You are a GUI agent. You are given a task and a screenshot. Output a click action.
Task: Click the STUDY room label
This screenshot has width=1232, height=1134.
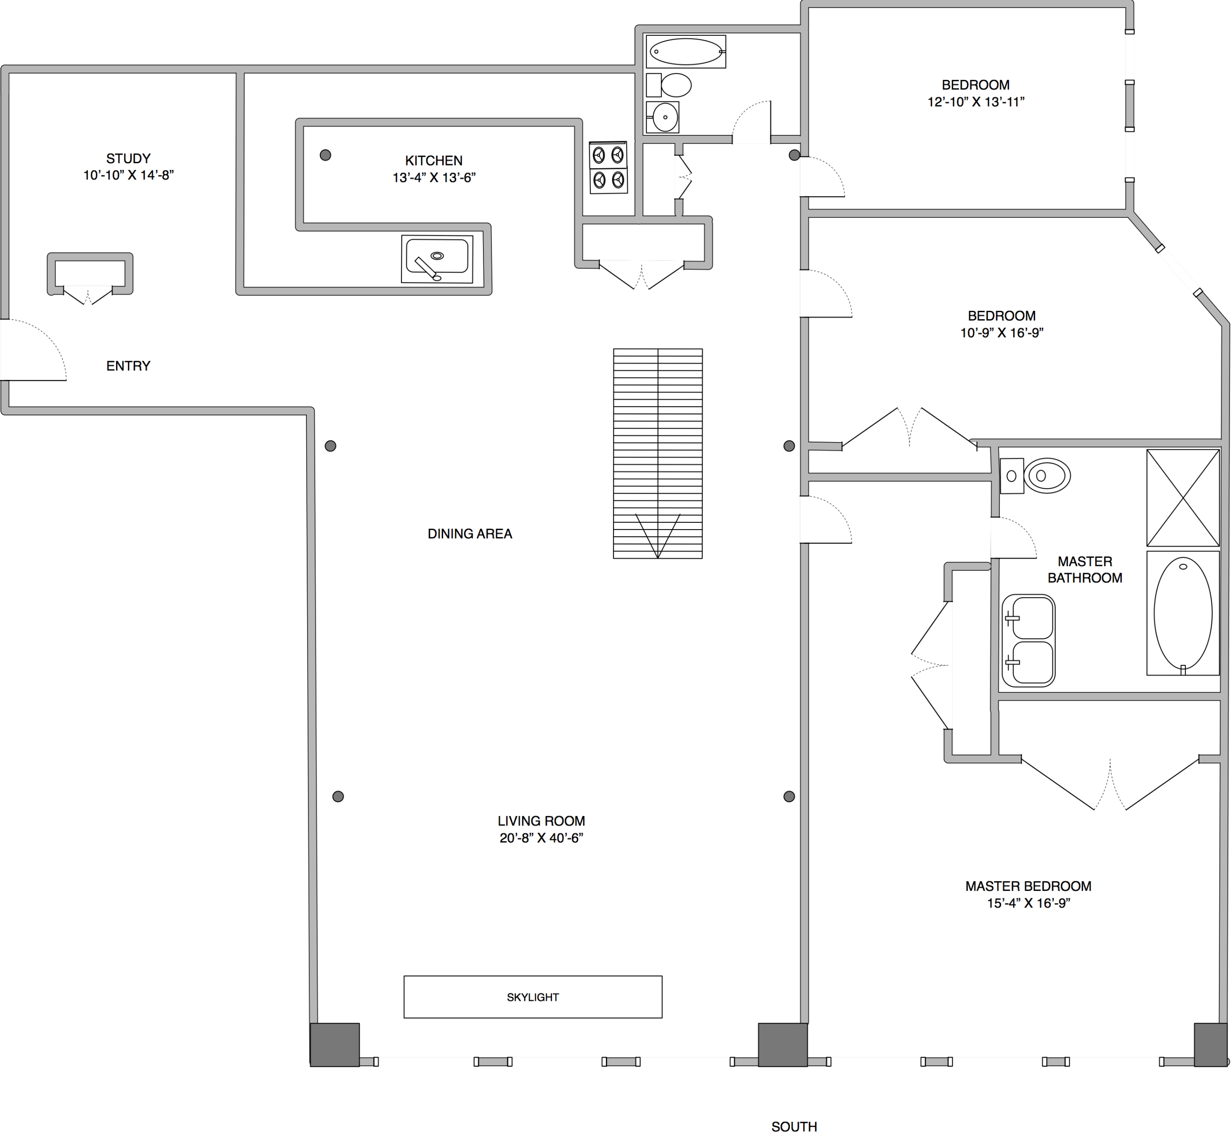point(128,158)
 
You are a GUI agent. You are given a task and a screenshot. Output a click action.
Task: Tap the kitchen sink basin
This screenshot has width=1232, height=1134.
point(437,256)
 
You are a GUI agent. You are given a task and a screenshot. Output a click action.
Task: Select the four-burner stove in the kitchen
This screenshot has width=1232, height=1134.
point(608,168)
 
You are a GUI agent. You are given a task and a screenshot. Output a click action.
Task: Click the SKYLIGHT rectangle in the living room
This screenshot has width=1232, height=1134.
point(532,996)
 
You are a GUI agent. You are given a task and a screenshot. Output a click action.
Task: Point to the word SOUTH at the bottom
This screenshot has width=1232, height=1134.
point(794,1126)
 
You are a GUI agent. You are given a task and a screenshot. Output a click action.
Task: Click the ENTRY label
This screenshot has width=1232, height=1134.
point(128,366)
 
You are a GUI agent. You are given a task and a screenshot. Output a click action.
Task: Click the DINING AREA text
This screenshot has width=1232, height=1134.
point(470,534)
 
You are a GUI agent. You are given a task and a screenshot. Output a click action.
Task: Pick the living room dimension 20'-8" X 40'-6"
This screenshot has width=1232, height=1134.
point(541,838)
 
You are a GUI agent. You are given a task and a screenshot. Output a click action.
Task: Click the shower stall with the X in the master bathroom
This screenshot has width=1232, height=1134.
point(1182,498)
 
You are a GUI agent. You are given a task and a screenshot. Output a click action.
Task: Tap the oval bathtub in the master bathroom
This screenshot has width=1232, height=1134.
point(1182,613)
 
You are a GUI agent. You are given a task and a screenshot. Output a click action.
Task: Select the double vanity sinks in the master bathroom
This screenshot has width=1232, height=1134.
point(1028,640)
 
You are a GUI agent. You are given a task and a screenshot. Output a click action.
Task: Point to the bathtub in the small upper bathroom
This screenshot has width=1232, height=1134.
point(686,52)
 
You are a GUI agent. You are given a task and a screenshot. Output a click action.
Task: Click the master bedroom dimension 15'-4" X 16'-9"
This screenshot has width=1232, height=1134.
point(1028,903)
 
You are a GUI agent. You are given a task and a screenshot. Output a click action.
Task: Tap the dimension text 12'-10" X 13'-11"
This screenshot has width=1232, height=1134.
point(975,102)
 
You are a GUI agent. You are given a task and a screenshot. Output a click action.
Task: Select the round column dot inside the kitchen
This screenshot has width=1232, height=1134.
point(325,155)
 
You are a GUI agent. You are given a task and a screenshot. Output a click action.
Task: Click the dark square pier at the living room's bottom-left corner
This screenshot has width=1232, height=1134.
point(335,1044)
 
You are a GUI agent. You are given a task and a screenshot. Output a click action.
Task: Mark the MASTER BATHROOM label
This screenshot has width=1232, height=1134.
point(1085,569)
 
